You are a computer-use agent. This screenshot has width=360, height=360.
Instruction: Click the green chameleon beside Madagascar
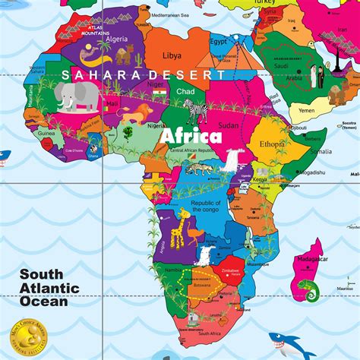pyautogui.click(x=307, y=289)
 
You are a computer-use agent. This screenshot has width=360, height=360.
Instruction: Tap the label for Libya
pyautogui.click(x=172, y=55)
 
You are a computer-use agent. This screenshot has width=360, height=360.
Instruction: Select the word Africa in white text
pyautogui.click(x=190, y=137)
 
